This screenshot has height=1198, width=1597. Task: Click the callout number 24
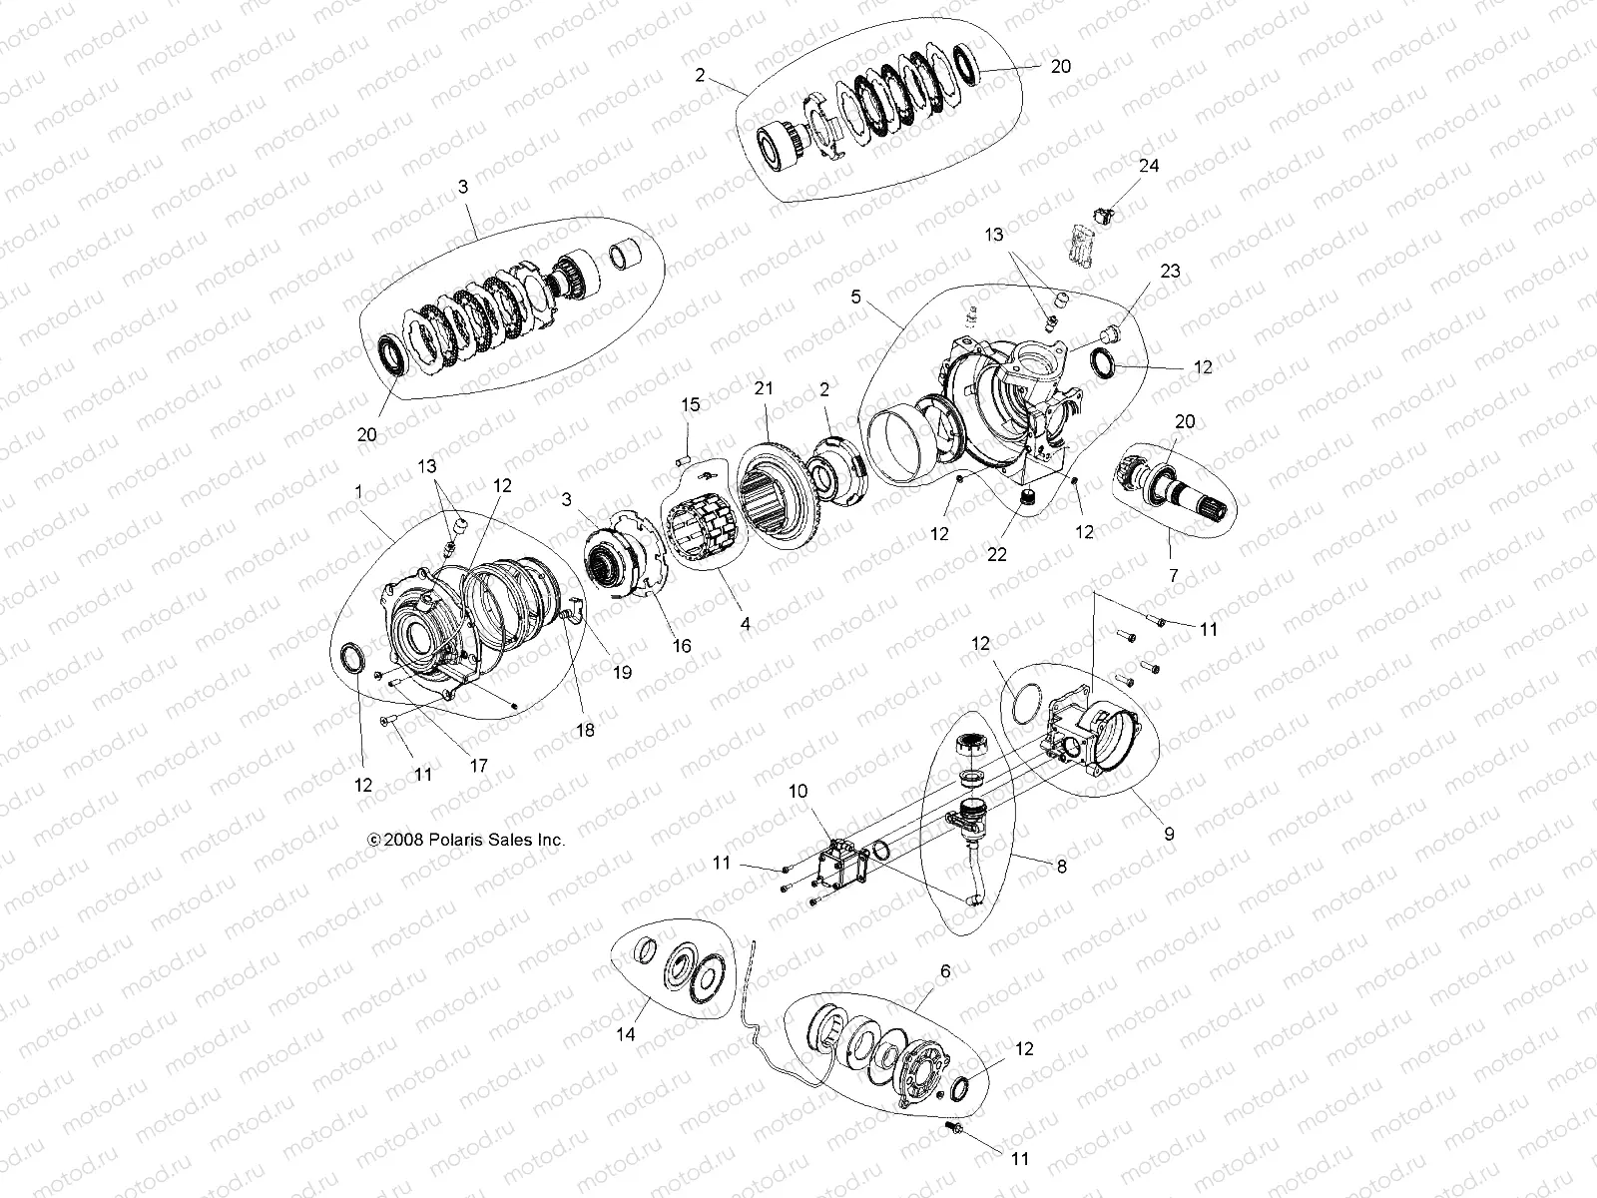1149,166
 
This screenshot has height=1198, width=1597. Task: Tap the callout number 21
764,389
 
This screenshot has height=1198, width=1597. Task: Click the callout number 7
1173,576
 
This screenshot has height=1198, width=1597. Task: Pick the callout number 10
798,791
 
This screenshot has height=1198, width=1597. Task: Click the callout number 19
622,673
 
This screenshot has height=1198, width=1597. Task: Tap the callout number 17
478,766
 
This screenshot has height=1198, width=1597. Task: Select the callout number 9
1169,833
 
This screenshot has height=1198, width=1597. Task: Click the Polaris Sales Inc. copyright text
466,841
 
